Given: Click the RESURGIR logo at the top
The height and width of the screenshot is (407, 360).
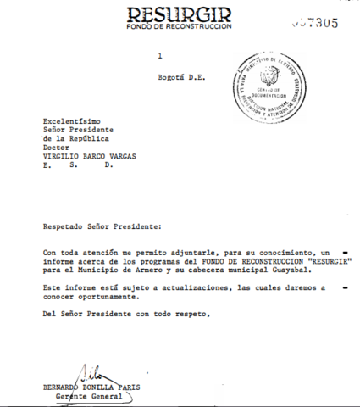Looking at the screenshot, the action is tap(180, 14).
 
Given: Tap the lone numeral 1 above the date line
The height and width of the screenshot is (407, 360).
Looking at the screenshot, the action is tap(158, 56).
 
